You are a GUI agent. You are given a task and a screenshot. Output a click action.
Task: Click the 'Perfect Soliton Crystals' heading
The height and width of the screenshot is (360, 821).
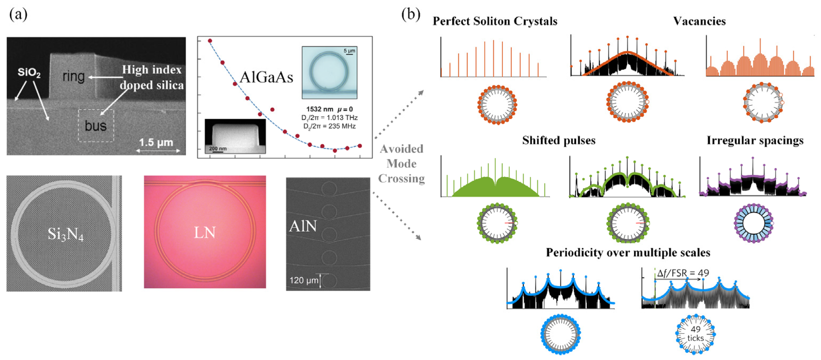point(495,21)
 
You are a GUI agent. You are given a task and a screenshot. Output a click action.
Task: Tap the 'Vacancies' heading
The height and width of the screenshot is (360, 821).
point(699,21)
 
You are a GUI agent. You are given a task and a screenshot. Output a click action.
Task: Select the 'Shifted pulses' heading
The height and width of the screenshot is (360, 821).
point(558,140)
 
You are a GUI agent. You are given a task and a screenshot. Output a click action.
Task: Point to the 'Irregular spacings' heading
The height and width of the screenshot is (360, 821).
point(755,140)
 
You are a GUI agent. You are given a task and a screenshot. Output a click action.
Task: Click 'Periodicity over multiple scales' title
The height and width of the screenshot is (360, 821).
point(628,253)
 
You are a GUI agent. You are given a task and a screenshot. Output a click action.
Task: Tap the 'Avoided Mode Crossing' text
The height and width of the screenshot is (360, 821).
point(401,164)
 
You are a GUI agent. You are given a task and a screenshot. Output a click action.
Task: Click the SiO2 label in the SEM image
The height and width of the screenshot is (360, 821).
point(29,73)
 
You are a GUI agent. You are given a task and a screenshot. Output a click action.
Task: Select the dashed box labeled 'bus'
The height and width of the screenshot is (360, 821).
point(96,126)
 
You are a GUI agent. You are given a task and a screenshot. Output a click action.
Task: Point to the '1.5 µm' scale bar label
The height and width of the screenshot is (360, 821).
point(156,142)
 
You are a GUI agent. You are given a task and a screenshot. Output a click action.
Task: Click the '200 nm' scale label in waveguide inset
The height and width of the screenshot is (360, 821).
point(218,148)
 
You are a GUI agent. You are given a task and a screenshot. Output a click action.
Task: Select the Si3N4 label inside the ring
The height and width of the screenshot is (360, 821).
point(65,234)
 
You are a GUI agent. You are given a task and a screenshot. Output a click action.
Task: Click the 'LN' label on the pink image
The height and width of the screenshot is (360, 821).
point(205,233)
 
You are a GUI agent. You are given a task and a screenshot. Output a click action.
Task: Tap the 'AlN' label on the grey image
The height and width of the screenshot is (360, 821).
point(303,226)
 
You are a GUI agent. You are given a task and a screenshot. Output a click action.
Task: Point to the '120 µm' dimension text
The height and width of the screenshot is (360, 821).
point(303,280)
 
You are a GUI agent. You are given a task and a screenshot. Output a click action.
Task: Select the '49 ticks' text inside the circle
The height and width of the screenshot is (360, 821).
point(695,333)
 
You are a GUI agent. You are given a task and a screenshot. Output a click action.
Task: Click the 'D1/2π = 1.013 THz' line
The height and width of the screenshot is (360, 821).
point(329,118)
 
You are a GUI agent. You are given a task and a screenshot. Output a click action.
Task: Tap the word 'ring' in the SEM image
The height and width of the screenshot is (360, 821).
point(74,77)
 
